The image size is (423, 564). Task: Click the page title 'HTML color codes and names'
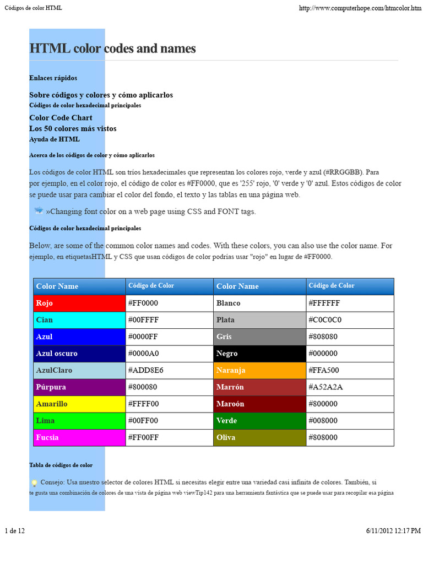click(x=112, y=48)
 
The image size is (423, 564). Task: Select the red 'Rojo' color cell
click(x=79, y=303)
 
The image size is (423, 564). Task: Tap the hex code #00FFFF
click(x=143, y=320)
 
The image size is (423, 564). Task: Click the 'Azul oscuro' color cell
click(x=79, y=354)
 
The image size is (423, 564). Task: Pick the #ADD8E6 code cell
click(x=146, y=370)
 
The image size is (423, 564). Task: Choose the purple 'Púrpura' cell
click(x=79, y=387)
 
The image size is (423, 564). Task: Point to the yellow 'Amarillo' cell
click(x=79, y=404)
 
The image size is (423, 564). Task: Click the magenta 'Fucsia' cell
click(x=79, y=437)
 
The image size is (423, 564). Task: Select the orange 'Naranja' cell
click(x=259, y=370)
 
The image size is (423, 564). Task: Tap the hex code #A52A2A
click(x=326, y=387)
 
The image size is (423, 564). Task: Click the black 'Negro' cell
click(x=259, y=354)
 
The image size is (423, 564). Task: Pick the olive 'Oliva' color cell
click(x=259, y=437)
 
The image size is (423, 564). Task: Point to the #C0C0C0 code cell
click(x=326, y=320)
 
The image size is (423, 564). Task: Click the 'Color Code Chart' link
click(x=61, y=118)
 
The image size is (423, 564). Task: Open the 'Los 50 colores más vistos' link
click(x=73, y=129)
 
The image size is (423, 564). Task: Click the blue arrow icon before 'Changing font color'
click(x=39, y=211)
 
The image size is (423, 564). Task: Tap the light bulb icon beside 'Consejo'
click(x=34, y=483)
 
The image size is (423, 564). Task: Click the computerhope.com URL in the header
click(x=360, y=8)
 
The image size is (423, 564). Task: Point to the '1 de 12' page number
click(x=14, y=531)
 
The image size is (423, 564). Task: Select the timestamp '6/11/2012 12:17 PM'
click(x=393, y=531)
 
